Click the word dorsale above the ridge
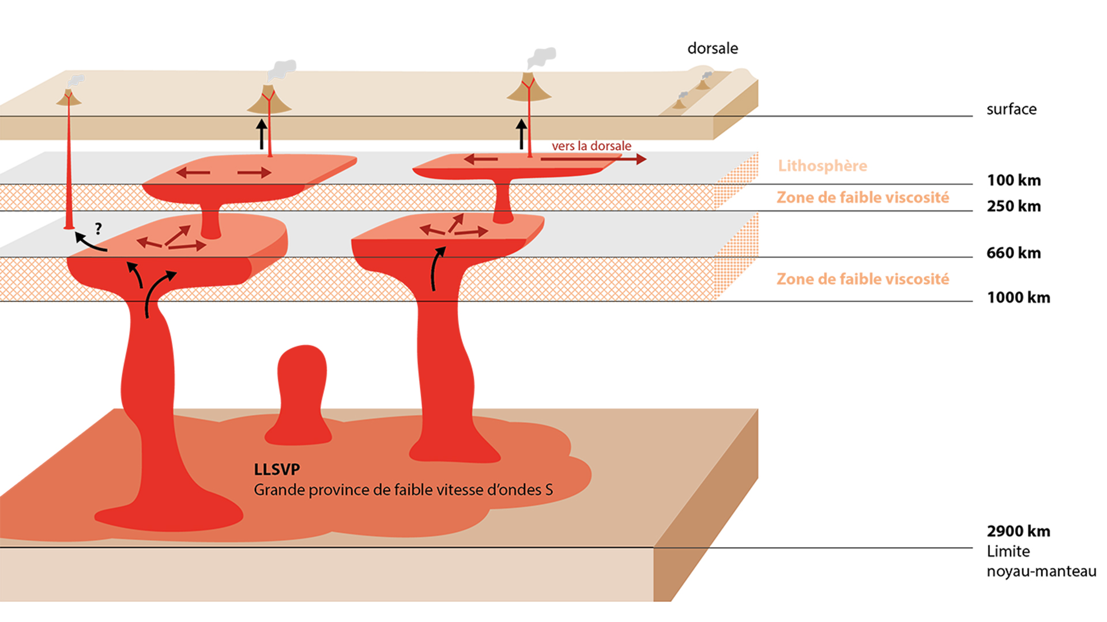(x=712, y=48)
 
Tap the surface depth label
(x=1011, y=109)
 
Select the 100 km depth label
(x=1014, y=180)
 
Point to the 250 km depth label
(x=1014, y=206)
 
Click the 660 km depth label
(x=1014, y=253)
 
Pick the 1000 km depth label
(x=1018, y=298)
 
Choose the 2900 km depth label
(x=1018, y=531)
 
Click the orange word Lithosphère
(x=822, y=166)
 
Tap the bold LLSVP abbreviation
(x=277, y=469)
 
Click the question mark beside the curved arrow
(x=99, y=229)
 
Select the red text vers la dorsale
(x=591, y=146)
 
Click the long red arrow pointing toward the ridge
(x=594, y=159)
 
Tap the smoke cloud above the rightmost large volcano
(x=542, y=58)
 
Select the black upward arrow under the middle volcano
(x=262, y=134)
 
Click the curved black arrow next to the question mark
(x=89, y=242)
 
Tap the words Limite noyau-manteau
(x=1041, y=562)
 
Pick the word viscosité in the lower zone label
(x=919, y=279)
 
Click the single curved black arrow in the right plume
(x=437, y=268)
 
